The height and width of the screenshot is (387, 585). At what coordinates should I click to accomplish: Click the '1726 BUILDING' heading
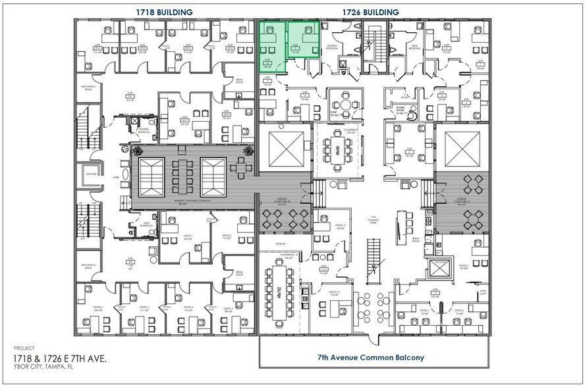pyautogui.click(x=371, y=12)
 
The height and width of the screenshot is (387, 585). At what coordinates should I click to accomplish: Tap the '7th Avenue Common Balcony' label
pyautogui.click(x=371, y=358)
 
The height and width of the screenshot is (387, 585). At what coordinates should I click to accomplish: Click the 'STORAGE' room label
pyautogui.click(x=262, y=243)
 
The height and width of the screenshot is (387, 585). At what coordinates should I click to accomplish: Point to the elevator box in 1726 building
pyautogui.click(x=435, y=267)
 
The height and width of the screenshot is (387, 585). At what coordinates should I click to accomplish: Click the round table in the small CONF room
pyautogui.click(x=343, y=103)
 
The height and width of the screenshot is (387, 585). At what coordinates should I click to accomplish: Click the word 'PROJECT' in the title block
pyautogui.click(x=21, y=348)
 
